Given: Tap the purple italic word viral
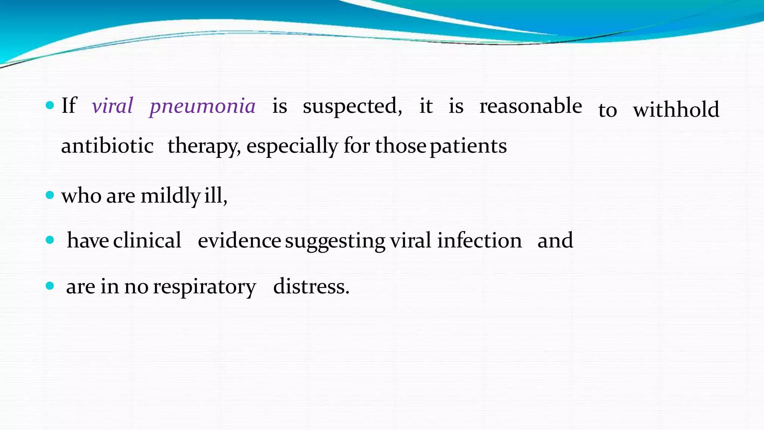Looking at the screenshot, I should tap(112, 106).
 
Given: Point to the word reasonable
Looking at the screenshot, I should tap(530, 106).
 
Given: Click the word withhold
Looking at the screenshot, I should tap(676, 110).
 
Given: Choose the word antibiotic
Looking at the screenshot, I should tap(107, 146).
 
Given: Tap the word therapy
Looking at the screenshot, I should tap(204, 146).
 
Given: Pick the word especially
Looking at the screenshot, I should tap(292, 146).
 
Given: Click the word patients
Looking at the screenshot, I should tap(468, 146).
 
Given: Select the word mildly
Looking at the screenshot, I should tap(170, 196).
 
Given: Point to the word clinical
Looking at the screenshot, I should tap(147, 240).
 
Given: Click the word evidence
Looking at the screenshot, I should tap(239, 240).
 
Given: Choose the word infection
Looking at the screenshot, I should tap(479, 240).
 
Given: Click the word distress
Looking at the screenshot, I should tap(311, 287).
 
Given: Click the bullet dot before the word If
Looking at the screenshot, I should tap(50, 105).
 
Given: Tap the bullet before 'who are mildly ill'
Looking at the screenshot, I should tap(50, 195).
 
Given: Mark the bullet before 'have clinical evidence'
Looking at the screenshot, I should tap(50, 240).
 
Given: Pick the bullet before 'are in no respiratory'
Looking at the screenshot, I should tap(50, 286).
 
